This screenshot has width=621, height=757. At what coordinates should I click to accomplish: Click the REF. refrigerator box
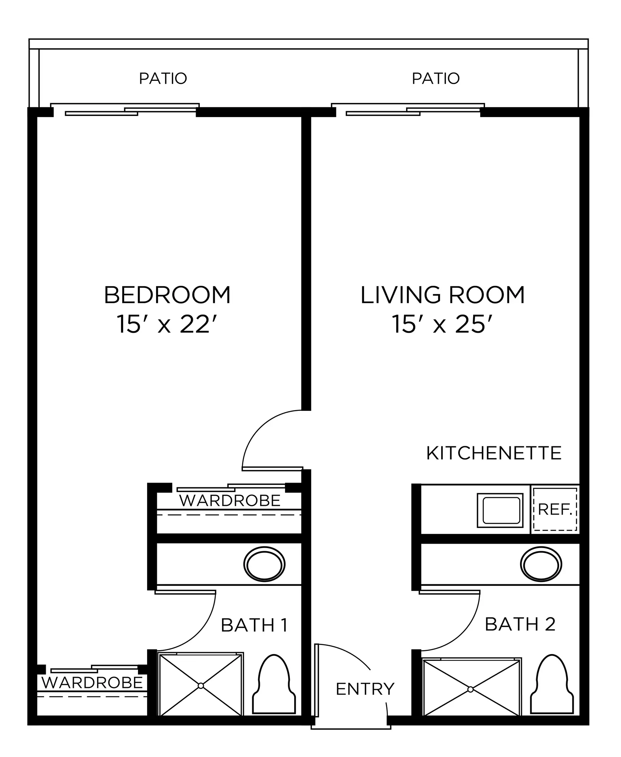[x=555, y=509]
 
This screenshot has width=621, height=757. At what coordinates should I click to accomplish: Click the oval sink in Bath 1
[x=265, y=564]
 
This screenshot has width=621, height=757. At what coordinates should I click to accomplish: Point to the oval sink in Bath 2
[x=541, y=564]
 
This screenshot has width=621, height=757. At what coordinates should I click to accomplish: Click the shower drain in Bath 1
[x=201, y=686]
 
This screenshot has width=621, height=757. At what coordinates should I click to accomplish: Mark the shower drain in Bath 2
[x=470, y=689]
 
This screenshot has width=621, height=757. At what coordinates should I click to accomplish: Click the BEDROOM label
[x=167, y=295]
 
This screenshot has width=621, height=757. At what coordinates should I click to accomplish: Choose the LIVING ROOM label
[x=442, y=295]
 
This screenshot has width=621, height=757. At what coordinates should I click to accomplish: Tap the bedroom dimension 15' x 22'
[x=167, y=325]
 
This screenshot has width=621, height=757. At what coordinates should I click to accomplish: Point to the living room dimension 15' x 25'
[x=442, y=325]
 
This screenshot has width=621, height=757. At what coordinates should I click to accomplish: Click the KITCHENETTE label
[x=494, y=453]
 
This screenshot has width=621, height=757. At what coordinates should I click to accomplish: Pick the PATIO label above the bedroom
[x=163, y=78]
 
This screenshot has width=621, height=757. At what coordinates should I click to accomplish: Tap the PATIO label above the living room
[x=436, y=78]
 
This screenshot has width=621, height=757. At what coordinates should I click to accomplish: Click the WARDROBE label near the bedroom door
[x=230, y=500]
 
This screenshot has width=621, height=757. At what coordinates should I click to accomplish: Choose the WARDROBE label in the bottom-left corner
[x=92, y=682]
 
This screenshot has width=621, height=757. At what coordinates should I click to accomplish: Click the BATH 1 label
[x=254, y=625]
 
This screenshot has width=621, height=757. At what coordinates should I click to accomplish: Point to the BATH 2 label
[x=520, y=624]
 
